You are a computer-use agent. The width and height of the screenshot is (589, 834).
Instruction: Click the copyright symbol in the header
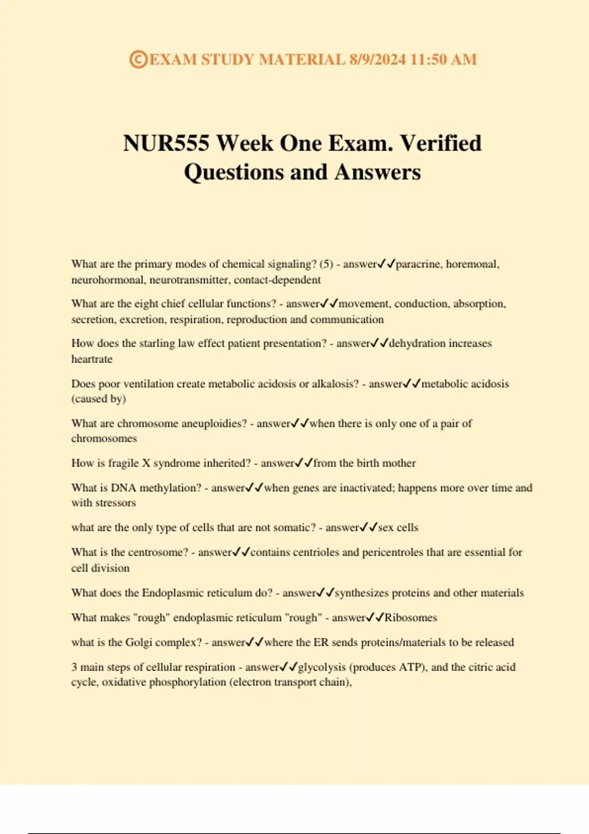138,60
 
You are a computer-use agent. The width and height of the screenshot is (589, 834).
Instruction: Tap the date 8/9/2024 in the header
377,60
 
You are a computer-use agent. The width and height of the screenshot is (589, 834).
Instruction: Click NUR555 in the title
166,144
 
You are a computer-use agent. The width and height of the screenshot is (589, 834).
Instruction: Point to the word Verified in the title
441,144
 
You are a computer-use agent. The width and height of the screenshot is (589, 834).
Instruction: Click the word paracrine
418,264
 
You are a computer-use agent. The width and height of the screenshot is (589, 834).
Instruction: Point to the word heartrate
92,359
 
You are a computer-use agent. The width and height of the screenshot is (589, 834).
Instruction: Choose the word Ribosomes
411,618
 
